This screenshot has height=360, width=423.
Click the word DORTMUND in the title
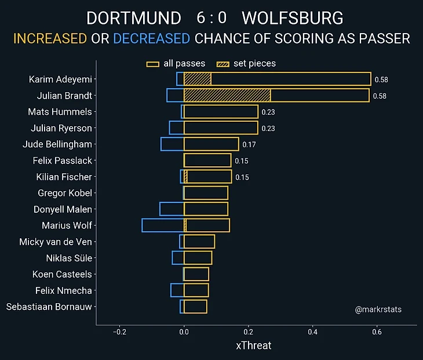[x=133, y=18]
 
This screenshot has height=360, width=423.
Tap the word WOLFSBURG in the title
[x=292, y=18]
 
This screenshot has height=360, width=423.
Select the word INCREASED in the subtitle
[x=50, y=39]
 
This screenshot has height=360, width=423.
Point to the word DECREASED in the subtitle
[x=151, y=39]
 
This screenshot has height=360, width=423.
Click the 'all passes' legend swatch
[x=153, y=64]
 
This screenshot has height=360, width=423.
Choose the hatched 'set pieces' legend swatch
[x=223, y=64]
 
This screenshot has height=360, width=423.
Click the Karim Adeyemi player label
[x=60, y=79]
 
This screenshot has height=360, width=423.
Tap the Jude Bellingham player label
[x=57, y=144]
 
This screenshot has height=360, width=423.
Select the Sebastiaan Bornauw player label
[x=49, y=307]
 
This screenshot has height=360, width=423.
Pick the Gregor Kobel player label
[x=65, y=193]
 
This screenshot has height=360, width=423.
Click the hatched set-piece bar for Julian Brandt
[x=227, y=96]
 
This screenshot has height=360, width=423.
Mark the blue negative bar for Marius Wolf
[x=163, y=226]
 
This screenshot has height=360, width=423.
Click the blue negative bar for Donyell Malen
[x=172, y=209]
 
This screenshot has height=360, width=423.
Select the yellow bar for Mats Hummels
[x=221, y=112]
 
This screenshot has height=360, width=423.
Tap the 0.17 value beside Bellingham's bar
[x=249, y=145]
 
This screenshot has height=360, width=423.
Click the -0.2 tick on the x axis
[x=119, y=333]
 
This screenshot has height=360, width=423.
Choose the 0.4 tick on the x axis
[x=313, y=333]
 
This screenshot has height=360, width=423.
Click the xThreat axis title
[x=254, y=346]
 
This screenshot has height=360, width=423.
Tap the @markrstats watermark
[x=378, y=310]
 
